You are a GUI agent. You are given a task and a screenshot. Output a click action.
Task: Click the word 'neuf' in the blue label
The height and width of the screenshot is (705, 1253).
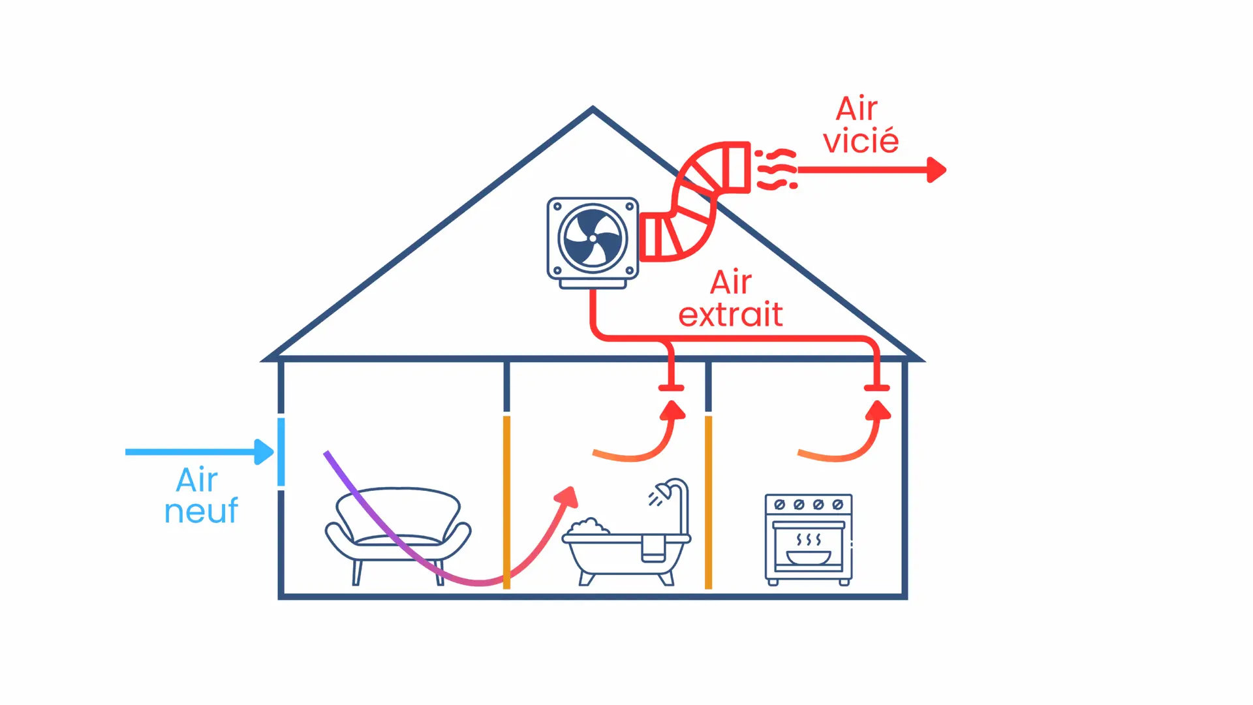point(201,510)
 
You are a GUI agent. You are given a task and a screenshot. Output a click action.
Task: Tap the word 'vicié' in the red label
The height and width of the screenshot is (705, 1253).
point(861,142)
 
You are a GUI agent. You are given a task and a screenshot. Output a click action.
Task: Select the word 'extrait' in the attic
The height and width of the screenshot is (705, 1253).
point(730,315)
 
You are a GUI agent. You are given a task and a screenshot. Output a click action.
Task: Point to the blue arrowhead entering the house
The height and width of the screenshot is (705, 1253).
point(264,452)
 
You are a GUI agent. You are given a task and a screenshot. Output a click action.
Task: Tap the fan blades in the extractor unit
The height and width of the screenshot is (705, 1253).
point(593,238)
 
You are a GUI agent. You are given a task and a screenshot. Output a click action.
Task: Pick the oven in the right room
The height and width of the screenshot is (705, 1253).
point(809,539)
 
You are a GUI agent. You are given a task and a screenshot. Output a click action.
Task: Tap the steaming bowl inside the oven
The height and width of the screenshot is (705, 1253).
point(809,556)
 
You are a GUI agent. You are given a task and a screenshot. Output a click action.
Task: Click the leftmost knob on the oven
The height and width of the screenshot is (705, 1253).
point(779,505)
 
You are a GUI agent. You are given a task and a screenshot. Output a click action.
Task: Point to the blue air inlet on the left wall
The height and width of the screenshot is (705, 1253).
point(281,452)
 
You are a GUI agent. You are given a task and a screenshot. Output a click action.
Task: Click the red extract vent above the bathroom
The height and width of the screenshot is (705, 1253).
point(671,388)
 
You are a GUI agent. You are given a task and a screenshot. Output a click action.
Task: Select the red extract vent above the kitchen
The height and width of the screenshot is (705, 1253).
point(876,388)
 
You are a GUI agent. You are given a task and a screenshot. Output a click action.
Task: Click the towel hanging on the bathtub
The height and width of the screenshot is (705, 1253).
point(653,548)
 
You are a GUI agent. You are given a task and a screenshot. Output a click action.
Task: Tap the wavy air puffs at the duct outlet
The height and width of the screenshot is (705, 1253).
point(776,170)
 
